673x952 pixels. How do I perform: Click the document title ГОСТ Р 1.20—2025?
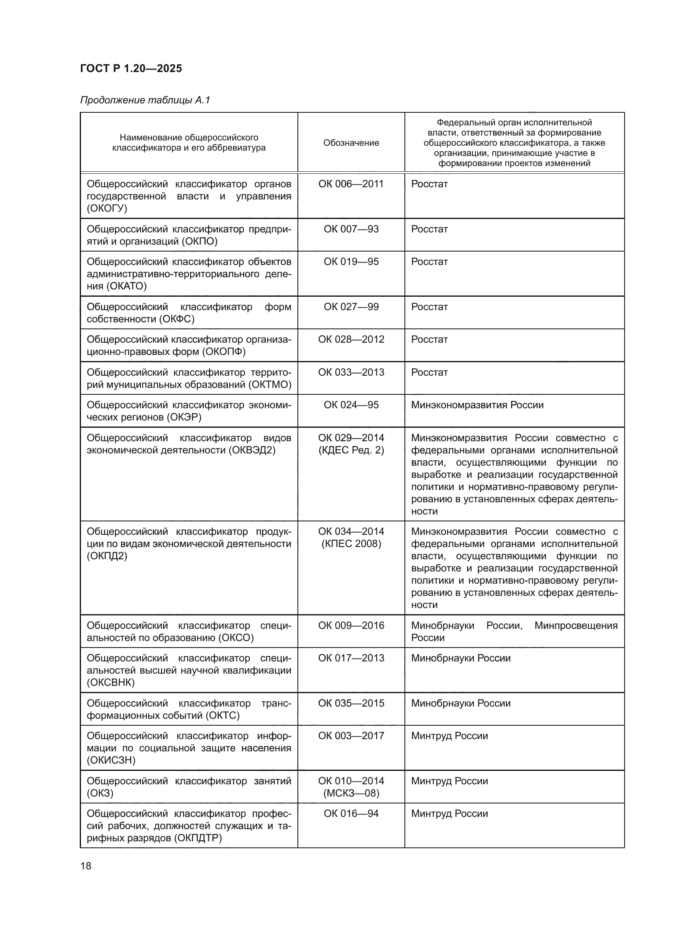pyautogui.click(x=131, y=69)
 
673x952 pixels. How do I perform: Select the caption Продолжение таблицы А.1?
pyautogui.click(x=145, y=101)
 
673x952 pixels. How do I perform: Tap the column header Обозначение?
pyautogui.click(x=351, y=142)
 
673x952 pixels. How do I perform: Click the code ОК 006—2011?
pyautogui.click(x=351, y=184)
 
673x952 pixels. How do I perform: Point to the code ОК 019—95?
pyautogui.click(x=351, y=262)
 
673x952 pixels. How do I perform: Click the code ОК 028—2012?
pyautogui.click(x=351, y=339)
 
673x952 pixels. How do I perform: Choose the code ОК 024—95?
pyautogui.click(x=351, y=405)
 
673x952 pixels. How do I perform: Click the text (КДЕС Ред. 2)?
pyautogui.click(x=351, y=450)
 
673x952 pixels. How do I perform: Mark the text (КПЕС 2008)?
pyautogui.click(x=351, y=544)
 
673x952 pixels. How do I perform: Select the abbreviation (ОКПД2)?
pyautogui.click(x=107, y=556)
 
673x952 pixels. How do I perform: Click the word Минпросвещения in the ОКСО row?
pyautogui.click(x=576, y=626)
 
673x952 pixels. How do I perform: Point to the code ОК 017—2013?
pyautogui.click(x=351, y=658)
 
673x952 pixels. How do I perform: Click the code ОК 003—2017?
pyautogui.click(x=351, y=735)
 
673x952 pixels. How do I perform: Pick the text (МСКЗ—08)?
pyautogui.click(x=351, y=793)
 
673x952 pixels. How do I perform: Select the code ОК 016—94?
pyautogui.click(x=351, y=814)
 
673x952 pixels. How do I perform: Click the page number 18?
pyautogui.click(x=86, y=866)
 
